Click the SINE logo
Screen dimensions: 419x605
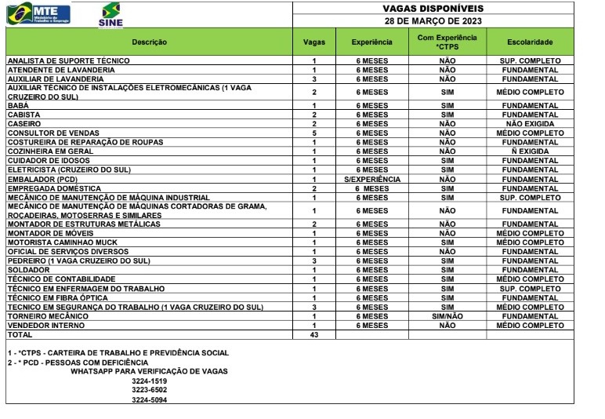coord(111,14)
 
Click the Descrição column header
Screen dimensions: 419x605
coord(149,42)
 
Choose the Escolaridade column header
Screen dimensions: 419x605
coord(531,42)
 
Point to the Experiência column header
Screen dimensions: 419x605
coord(372,42)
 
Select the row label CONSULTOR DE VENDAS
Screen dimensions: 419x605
coord(47,133)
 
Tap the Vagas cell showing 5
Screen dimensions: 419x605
coord(314,133)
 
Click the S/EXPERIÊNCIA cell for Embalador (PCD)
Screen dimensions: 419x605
coord(372,179)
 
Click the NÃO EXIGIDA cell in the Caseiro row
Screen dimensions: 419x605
coord(531,124)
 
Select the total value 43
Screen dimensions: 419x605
coord(314,334)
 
